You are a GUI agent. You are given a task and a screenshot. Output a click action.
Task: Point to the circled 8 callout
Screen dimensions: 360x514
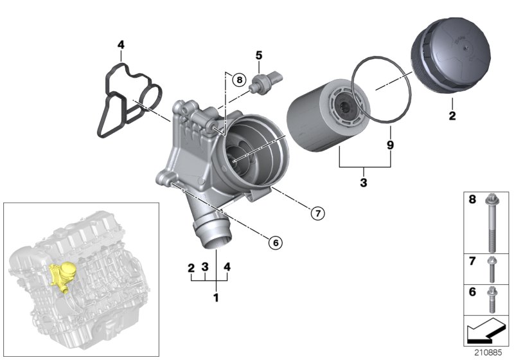tap(238, 80)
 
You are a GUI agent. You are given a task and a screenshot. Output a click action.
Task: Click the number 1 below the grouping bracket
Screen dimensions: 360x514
tap(216, 298)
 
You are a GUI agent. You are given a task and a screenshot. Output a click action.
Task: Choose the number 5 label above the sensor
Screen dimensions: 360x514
tap(258, 55)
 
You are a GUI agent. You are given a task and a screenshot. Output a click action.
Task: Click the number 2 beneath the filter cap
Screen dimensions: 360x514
tap(452, 116)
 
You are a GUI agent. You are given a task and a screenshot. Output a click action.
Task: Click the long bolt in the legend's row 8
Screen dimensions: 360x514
tap(492, 222)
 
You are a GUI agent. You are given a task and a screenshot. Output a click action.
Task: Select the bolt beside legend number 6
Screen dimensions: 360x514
tap(492, 298)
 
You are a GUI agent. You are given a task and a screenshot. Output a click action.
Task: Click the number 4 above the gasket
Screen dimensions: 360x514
tap(120, 44)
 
